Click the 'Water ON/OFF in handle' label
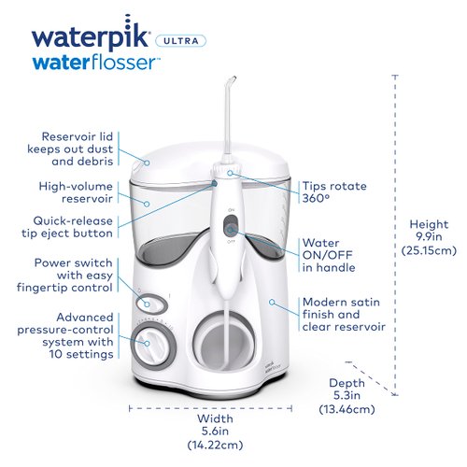[334, 256]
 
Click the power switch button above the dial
[146, 302]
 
